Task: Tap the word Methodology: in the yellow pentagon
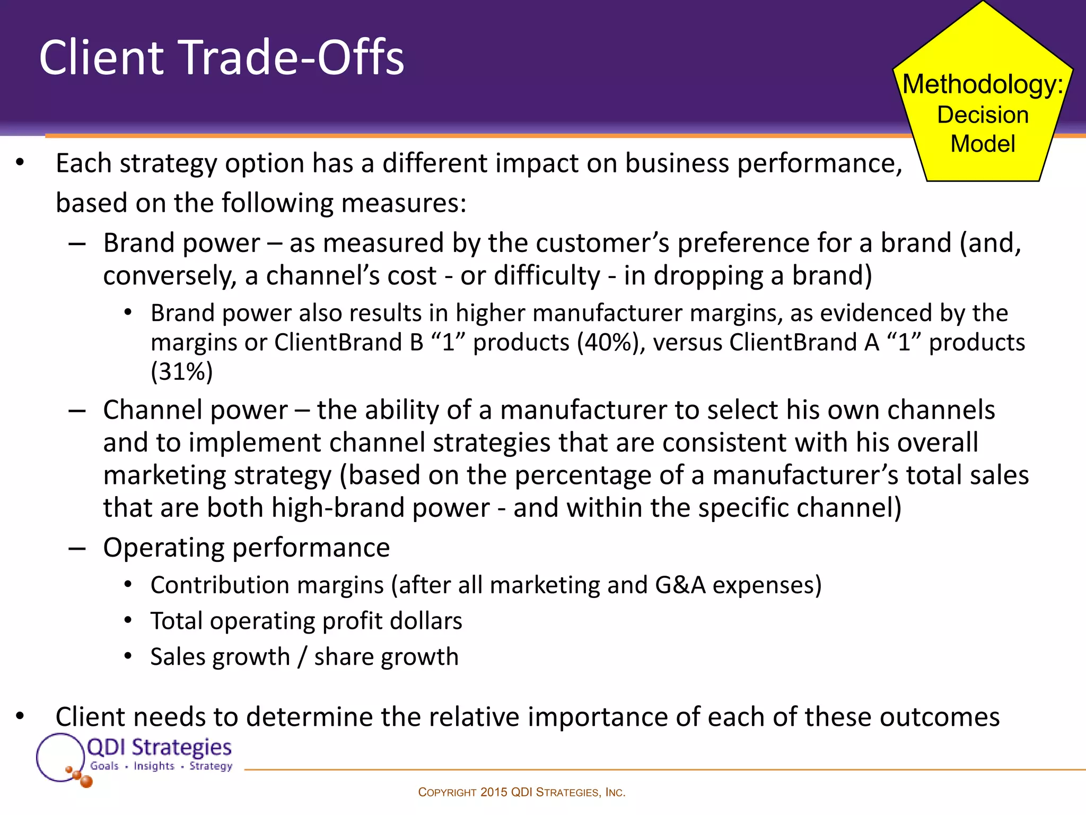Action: [x=983, y=84]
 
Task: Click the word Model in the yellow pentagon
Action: [x=983, y=144]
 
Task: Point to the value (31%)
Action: [x=181, y=371]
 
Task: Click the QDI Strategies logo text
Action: [x=159, y=747]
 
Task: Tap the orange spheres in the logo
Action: [x=81, y=777]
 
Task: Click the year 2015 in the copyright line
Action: [x=494, y=792]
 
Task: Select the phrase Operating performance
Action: [x=246, y=547]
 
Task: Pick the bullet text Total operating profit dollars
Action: [x=306, y=621]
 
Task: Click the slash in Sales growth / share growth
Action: [x=302, y=657]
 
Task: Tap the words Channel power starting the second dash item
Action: [x=195, y=410]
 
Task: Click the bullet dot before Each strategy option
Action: [x=20, y=163]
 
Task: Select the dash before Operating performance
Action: [x=77, y=548]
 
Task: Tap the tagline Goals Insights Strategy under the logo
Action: [x=161, y=766]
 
